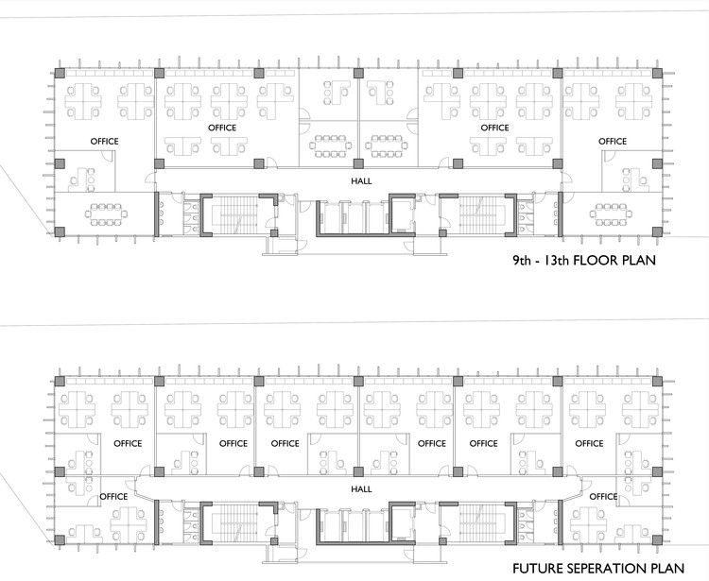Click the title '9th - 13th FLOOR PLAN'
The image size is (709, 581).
tap(584, 260)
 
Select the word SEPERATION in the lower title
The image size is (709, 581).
tap(602, 569)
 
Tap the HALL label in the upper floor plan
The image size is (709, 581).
tap(362, 181)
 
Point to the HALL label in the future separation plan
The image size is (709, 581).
tap(362, 489)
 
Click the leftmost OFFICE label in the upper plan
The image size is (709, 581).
tap(104, 142)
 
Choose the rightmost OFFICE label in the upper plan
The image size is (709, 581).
tap(613, 142)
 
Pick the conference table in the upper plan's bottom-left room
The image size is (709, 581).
tap(109, 214)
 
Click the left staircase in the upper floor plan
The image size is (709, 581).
tap(234, 214)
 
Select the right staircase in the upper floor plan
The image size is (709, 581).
tap(482, 214)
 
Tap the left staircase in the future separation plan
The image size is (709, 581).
tap(234, 522)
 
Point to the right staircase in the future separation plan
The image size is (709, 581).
tap(482, 522)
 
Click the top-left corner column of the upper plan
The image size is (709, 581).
tap(60, 73)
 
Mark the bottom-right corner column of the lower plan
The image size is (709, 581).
tap(657, 539)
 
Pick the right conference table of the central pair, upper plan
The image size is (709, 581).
tap(387, 145)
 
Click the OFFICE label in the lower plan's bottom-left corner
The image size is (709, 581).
tap(113, 497)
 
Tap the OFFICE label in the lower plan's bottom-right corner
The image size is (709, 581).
tap(604, 497)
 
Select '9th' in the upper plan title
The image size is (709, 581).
tap(522, 260)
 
